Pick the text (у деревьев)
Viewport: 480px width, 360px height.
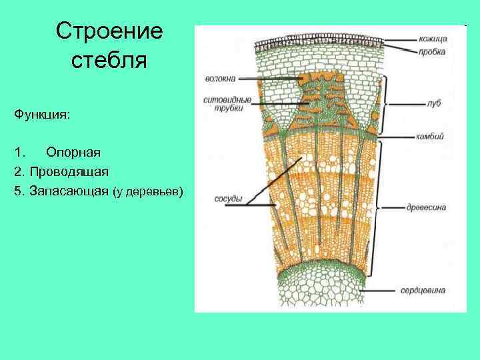(148, 192)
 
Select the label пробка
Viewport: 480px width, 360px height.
(433, 51)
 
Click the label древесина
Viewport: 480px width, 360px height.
(426, 207)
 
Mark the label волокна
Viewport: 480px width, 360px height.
(220, 79)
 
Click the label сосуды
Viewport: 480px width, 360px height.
(228, 199)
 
